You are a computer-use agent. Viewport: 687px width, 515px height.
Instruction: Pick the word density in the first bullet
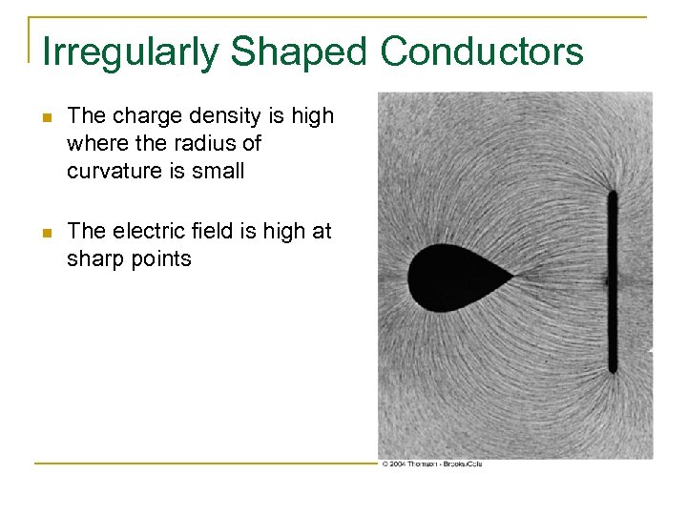click(236, 116)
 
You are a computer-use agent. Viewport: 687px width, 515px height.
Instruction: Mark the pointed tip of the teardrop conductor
click(511, 278)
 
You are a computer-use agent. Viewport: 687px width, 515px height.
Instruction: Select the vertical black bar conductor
click(612, 281)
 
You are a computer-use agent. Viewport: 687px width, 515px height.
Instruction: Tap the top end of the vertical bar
click(612, 193)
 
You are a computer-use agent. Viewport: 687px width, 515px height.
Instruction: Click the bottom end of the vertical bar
click(612, 370)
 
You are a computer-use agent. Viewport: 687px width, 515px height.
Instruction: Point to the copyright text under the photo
click(431, 463)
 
